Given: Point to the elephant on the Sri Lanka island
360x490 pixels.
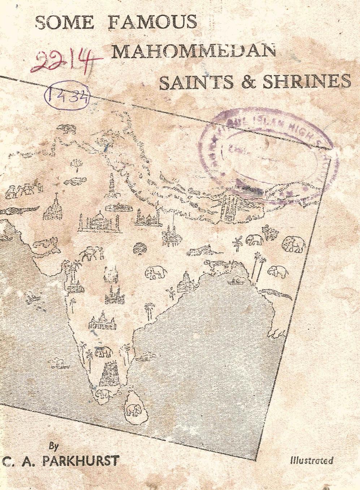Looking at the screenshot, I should [130, 409].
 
